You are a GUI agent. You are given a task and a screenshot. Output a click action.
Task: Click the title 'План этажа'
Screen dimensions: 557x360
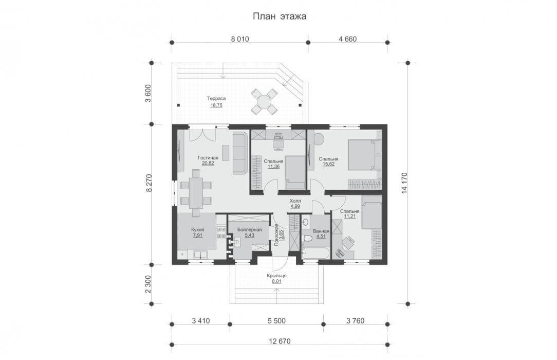279,16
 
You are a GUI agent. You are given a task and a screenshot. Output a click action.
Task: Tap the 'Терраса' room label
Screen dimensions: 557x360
216,98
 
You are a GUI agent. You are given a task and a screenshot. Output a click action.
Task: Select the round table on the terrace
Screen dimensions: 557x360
264,102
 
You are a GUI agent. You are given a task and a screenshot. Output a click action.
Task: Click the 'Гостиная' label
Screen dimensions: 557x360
208,158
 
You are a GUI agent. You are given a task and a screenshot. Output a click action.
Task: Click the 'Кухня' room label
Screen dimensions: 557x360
197,229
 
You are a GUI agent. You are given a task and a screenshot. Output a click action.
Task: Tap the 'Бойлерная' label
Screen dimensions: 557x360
249,229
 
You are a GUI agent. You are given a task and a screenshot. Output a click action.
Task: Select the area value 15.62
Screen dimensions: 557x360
328,164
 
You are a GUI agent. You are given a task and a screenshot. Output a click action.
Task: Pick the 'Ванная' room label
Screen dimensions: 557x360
321,231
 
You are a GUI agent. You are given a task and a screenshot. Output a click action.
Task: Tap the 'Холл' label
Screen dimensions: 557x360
295,201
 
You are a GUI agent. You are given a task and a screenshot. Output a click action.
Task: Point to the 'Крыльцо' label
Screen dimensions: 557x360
277,276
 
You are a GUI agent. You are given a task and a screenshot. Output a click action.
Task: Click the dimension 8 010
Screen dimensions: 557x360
240,39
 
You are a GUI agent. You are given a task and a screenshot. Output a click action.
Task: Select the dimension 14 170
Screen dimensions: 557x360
404,183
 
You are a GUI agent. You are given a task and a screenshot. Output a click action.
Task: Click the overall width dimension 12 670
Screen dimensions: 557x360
280,341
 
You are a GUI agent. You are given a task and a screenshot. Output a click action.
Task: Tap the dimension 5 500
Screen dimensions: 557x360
277,320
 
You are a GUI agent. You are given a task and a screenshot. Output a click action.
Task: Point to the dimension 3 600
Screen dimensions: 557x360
148,93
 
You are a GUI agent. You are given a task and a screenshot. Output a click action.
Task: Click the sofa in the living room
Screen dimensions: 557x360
240,153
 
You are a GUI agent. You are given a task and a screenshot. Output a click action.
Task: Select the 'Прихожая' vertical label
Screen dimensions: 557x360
276,235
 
